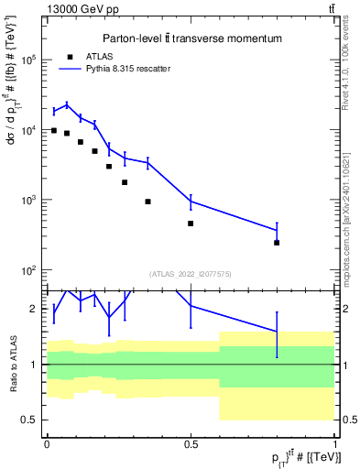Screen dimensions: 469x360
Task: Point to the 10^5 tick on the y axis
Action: (30, 60)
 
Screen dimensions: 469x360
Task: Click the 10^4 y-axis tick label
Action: (30, 130)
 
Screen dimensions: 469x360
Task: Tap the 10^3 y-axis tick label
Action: (30, 200)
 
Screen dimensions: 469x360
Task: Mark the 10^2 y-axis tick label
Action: (30, 270)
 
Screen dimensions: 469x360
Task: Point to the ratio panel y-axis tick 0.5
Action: (31, 420)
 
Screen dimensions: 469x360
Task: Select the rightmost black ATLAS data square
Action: (277, 243)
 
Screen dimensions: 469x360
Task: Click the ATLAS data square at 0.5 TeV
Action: (191, 224)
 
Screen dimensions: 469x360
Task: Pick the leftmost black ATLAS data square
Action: (54, 131)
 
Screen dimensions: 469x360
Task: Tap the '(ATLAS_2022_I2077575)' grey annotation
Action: (191, 273)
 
